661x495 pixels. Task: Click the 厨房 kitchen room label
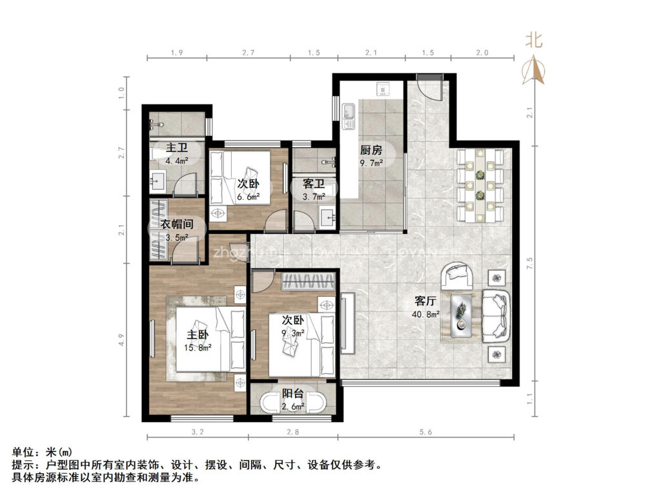(x=371, y=150)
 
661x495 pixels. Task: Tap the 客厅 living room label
(x=426, y=301)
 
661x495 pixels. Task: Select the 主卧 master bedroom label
(x=198, y=335)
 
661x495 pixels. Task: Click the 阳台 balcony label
(x=294, y=394)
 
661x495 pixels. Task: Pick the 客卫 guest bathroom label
(x=314, y=184)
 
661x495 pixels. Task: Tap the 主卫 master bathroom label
(x=177, y=148)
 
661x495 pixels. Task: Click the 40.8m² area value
(x=427, y=315)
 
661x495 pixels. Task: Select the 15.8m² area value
(x=199, y=347)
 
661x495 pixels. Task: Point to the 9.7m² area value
(x=372, y=163)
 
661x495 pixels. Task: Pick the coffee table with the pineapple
(x=462, y=313)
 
